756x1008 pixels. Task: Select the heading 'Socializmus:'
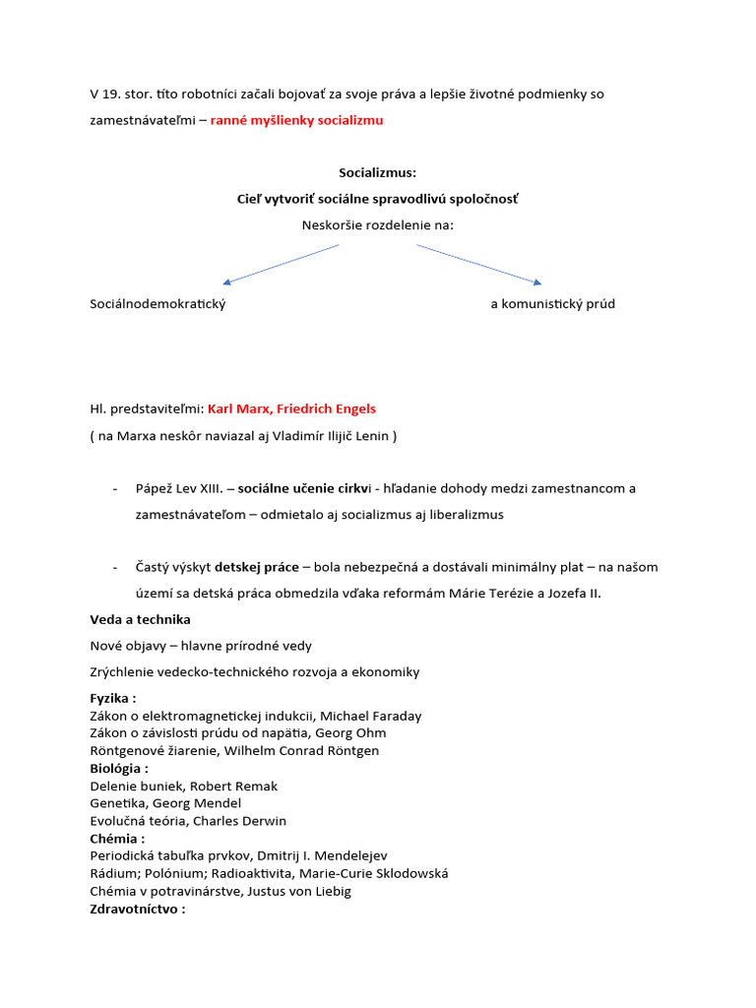(x=377, y=172)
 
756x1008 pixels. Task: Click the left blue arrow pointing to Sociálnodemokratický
(x=281, y=264)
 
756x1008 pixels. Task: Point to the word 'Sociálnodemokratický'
(x=157, y=304)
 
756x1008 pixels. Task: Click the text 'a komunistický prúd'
(x=552, y=304)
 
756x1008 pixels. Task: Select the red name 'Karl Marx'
(x=237, y=409)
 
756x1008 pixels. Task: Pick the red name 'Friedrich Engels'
(x=323, y=409)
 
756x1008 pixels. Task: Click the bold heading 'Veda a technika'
(x=140, y=619)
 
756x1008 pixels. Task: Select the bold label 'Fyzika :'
(x=112, y=698)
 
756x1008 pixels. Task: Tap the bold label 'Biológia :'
(x=119, y=768)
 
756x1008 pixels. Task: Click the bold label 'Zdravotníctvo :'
(x=137, y=909)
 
